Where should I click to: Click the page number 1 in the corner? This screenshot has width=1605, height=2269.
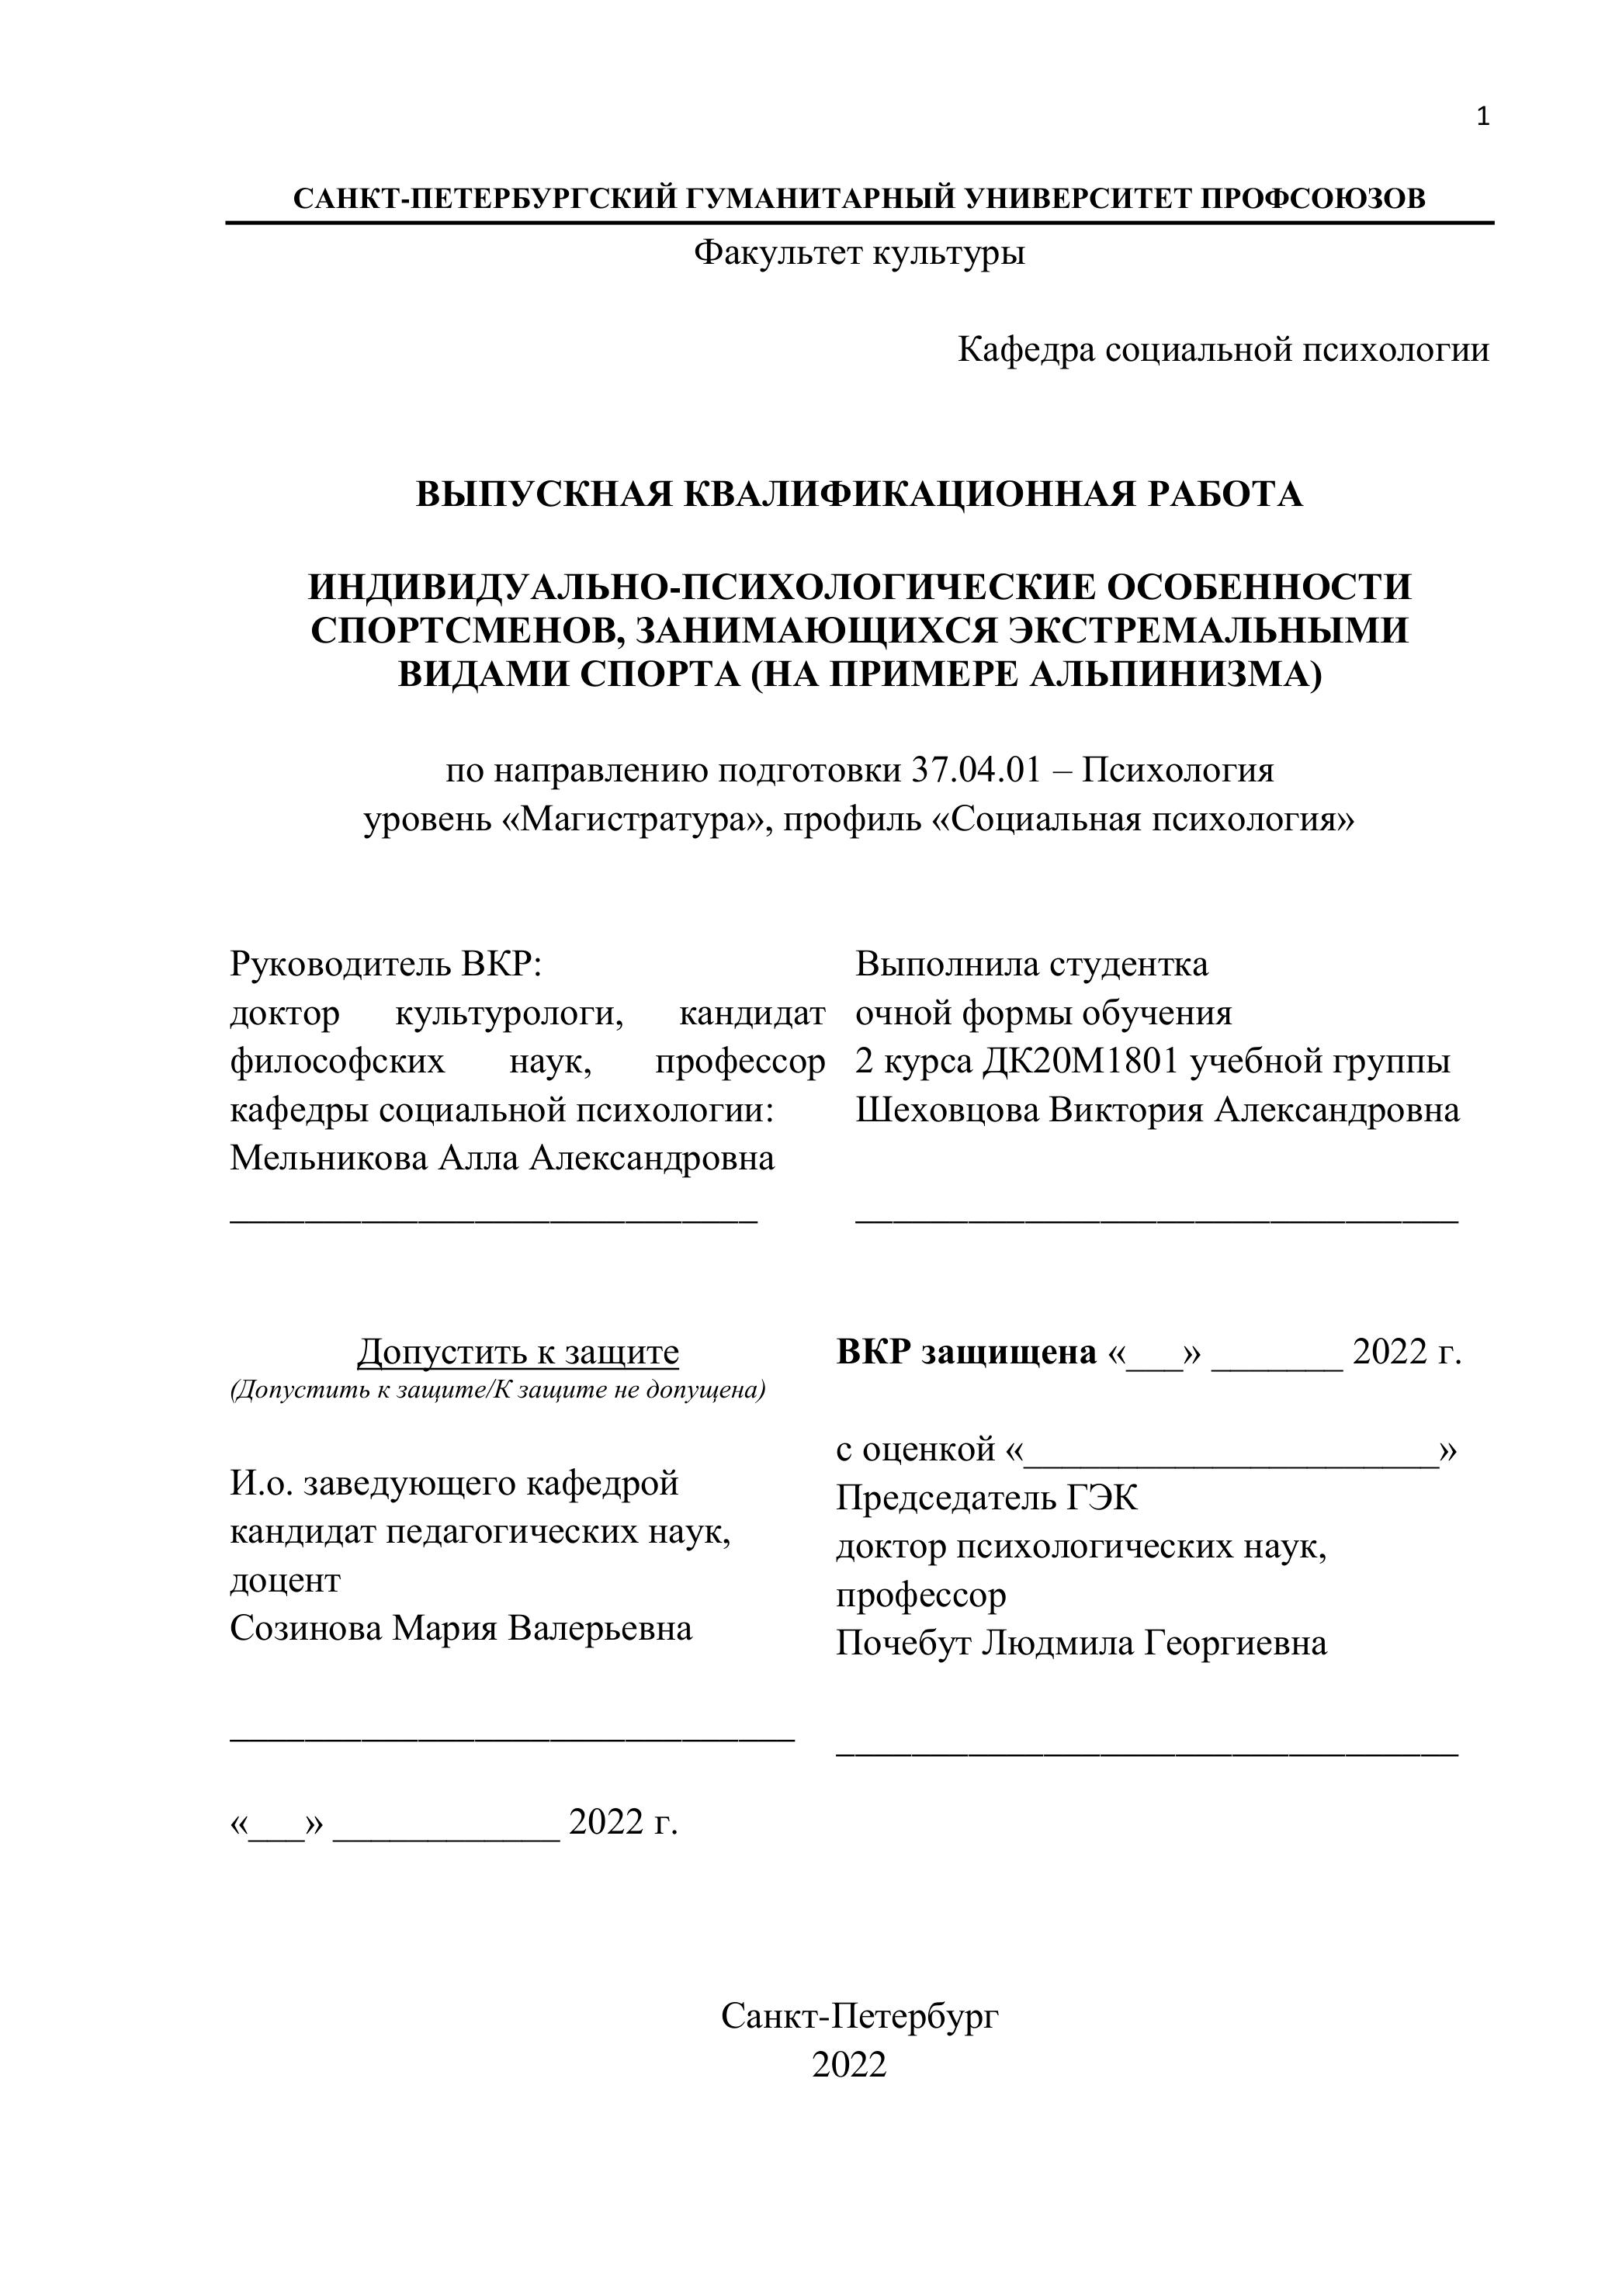click(x=1482, y=118)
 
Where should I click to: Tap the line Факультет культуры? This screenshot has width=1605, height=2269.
click(x=859, y=253)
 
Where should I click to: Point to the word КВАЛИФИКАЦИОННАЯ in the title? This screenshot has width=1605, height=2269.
click(x=910, y=493)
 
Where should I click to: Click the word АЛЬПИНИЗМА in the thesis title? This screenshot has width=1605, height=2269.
click(x=1169, y=674)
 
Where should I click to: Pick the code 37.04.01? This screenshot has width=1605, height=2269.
click(x=975, y=770)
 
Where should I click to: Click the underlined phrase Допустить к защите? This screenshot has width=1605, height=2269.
click(x=518, y=1351)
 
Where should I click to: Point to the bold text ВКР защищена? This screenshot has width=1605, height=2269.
click(x=965, y=1351)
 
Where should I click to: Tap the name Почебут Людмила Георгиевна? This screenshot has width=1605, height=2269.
click(x=1080, y=1643)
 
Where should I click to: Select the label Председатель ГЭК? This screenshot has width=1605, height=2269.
click(x=986, y=1497)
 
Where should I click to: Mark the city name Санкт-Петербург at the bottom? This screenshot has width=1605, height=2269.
click(x=859, y=2016)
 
